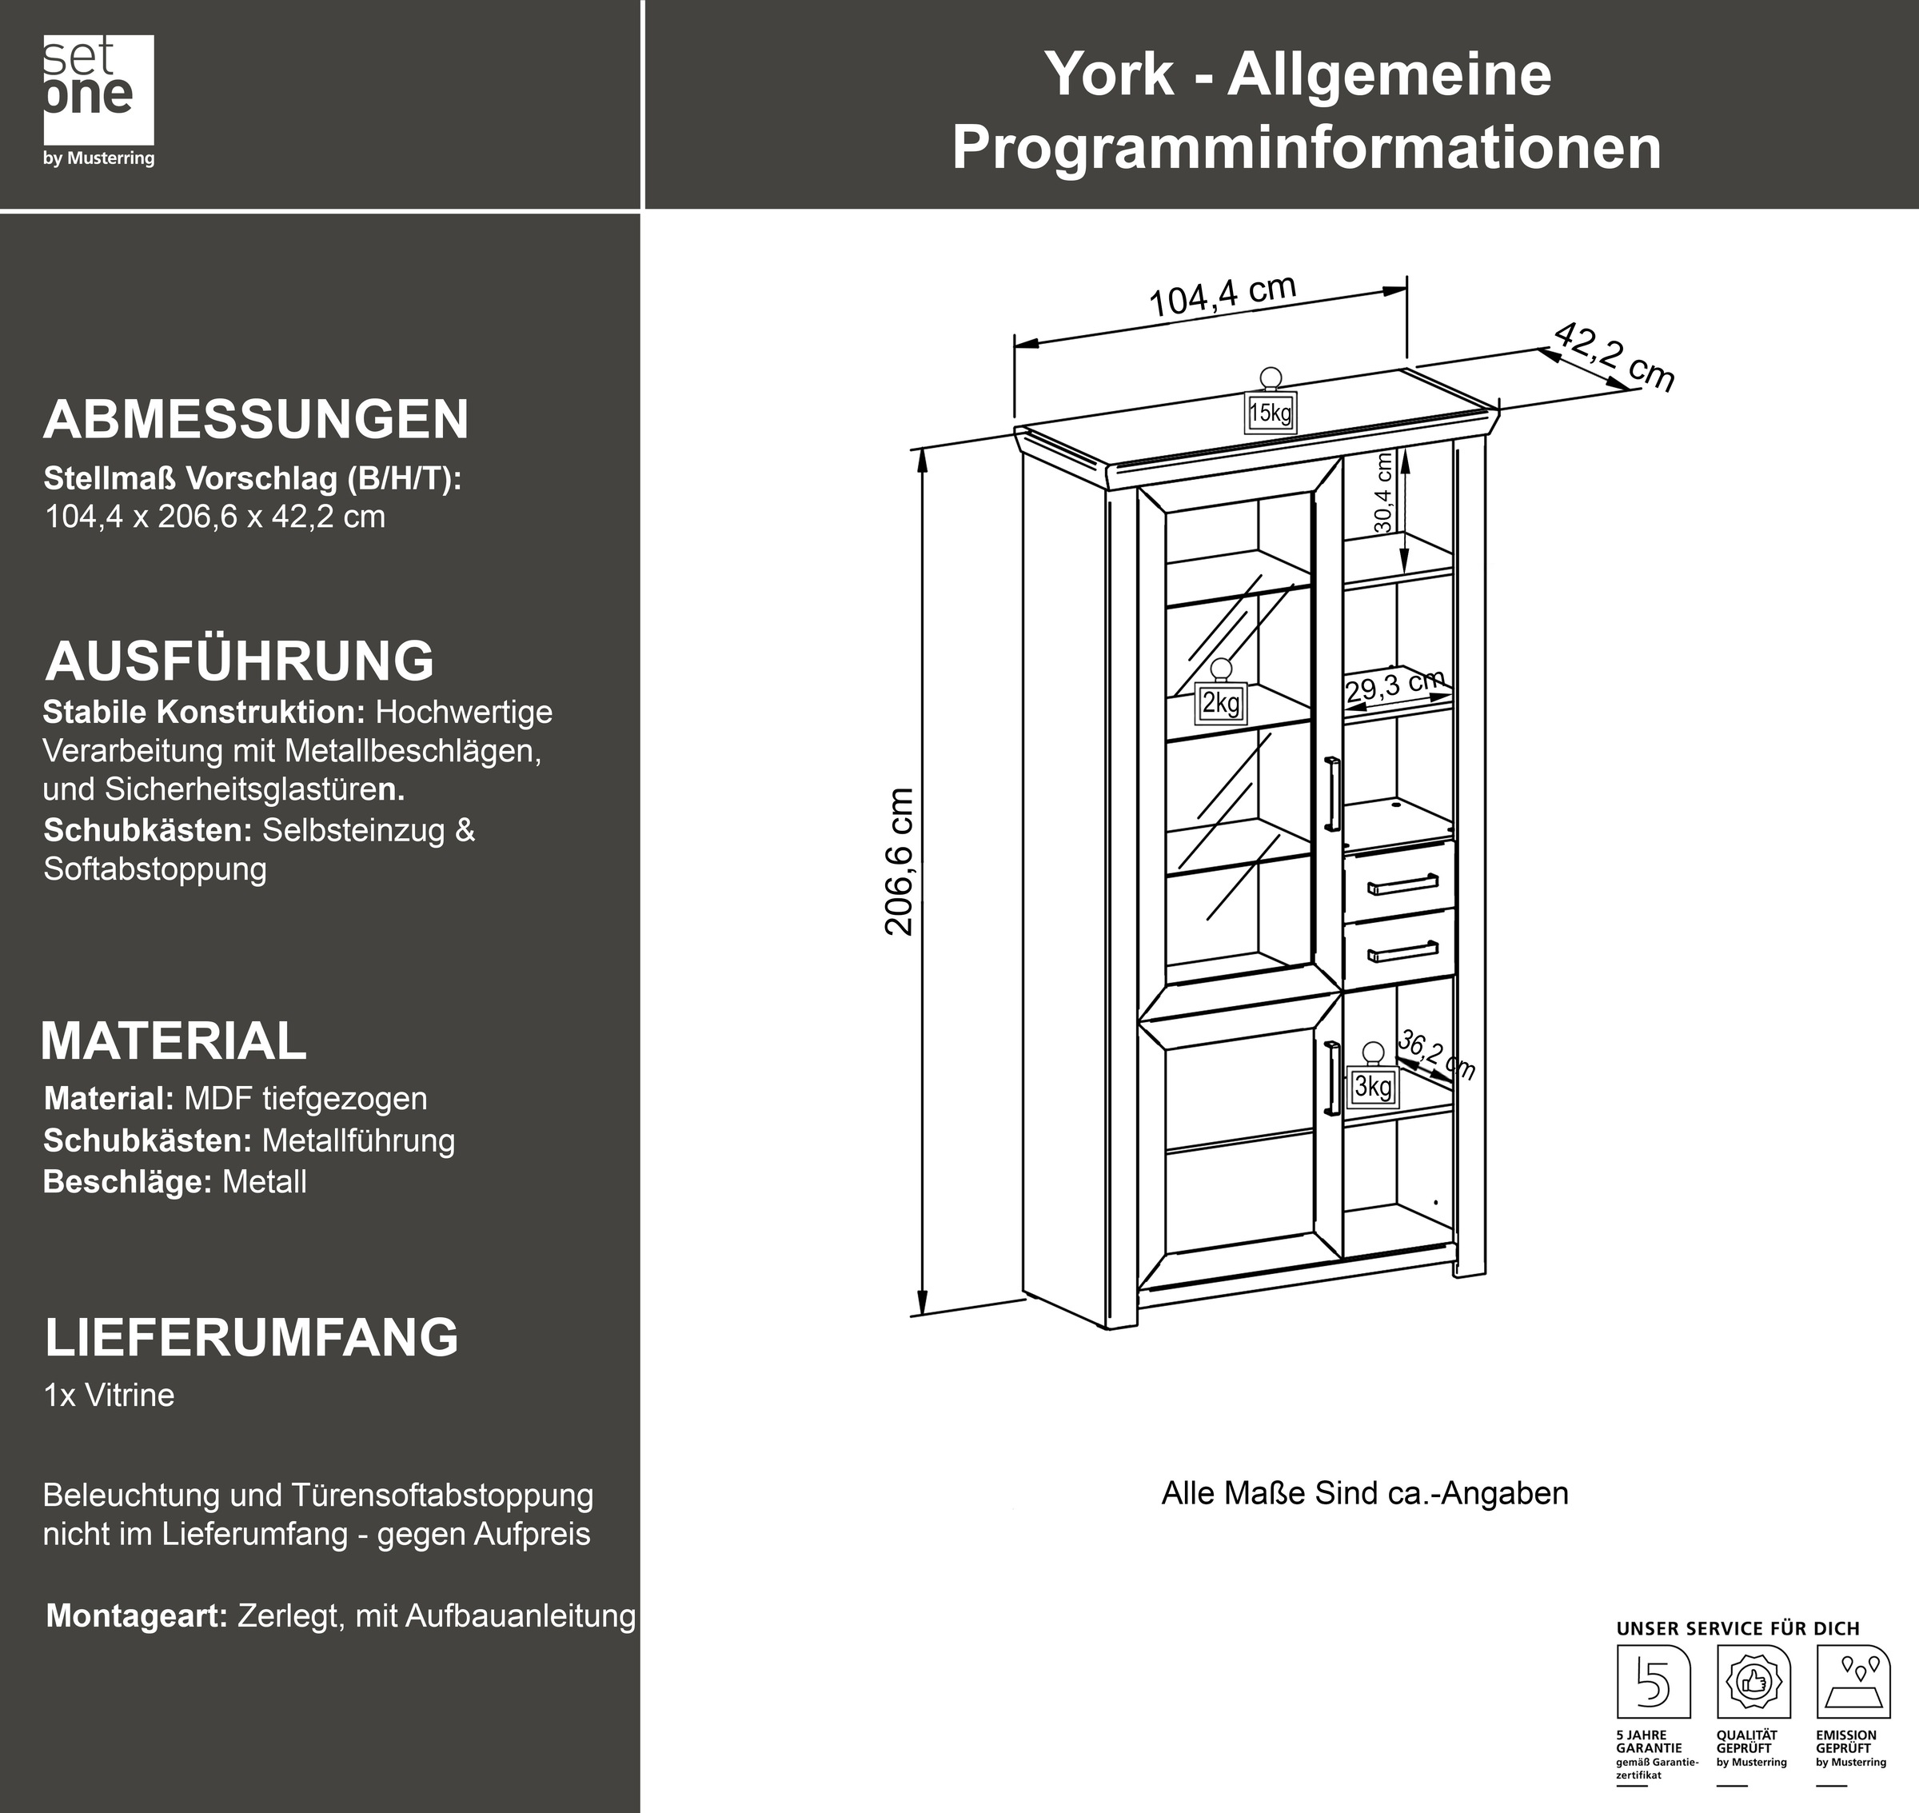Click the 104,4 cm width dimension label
[x=1223, y=295]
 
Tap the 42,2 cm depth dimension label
[x=1614, y=357]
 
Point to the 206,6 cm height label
[x=900, y=860]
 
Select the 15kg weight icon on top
[x=1270, y=406]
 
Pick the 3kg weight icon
[x=1372, y=1079]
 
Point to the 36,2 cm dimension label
[x=1437, y=1056]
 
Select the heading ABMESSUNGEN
[x=256, y=419]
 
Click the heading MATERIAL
[x=174, y=1040]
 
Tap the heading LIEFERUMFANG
[x=251, y=1336]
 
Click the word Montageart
[x=136, y=1615]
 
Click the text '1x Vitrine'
[x=110, y=1396]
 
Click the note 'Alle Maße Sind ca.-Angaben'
[x=1363, y=1493]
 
